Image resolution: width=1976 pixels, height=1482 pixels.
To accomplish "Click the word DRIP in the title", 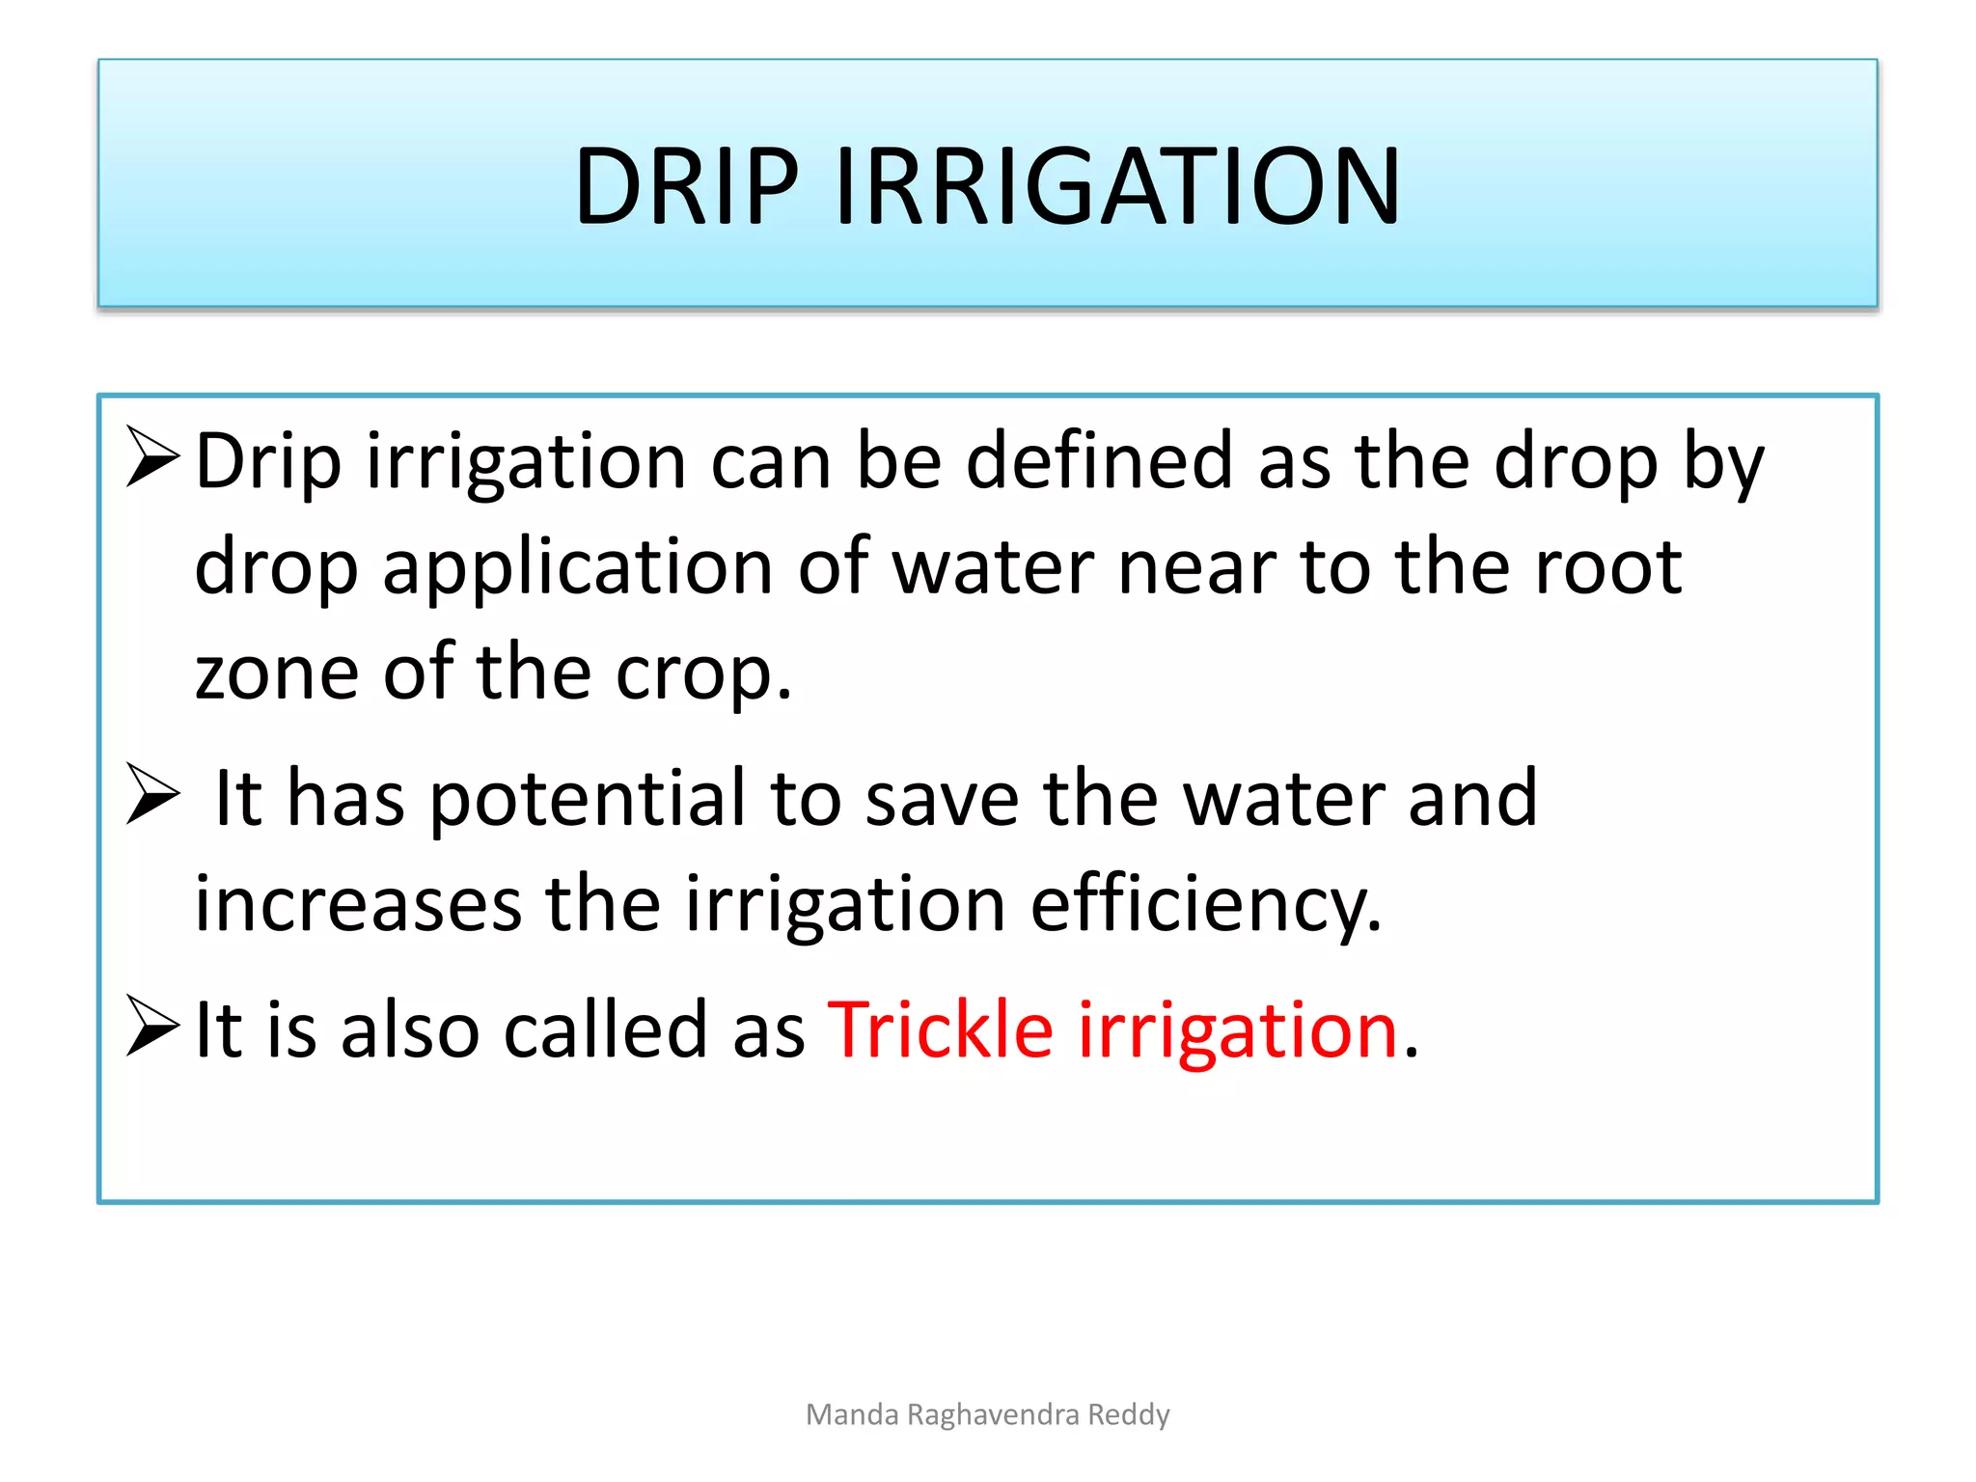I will [686, 185].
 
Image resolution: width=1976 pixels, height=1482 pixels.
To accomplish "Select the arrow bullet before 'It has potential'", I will [153, 794].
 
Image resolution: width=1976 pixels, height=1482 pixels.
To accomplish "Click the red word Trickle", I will [940, 1029].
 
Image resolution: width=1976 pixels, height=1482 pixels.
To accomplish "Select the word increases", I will [358, 904].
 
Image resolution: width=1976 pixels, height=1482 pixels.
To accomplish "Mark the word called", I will [606, 1029].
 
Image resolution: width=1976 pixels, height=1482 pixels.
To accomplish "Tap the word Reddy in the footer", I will [1129, 1414].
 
